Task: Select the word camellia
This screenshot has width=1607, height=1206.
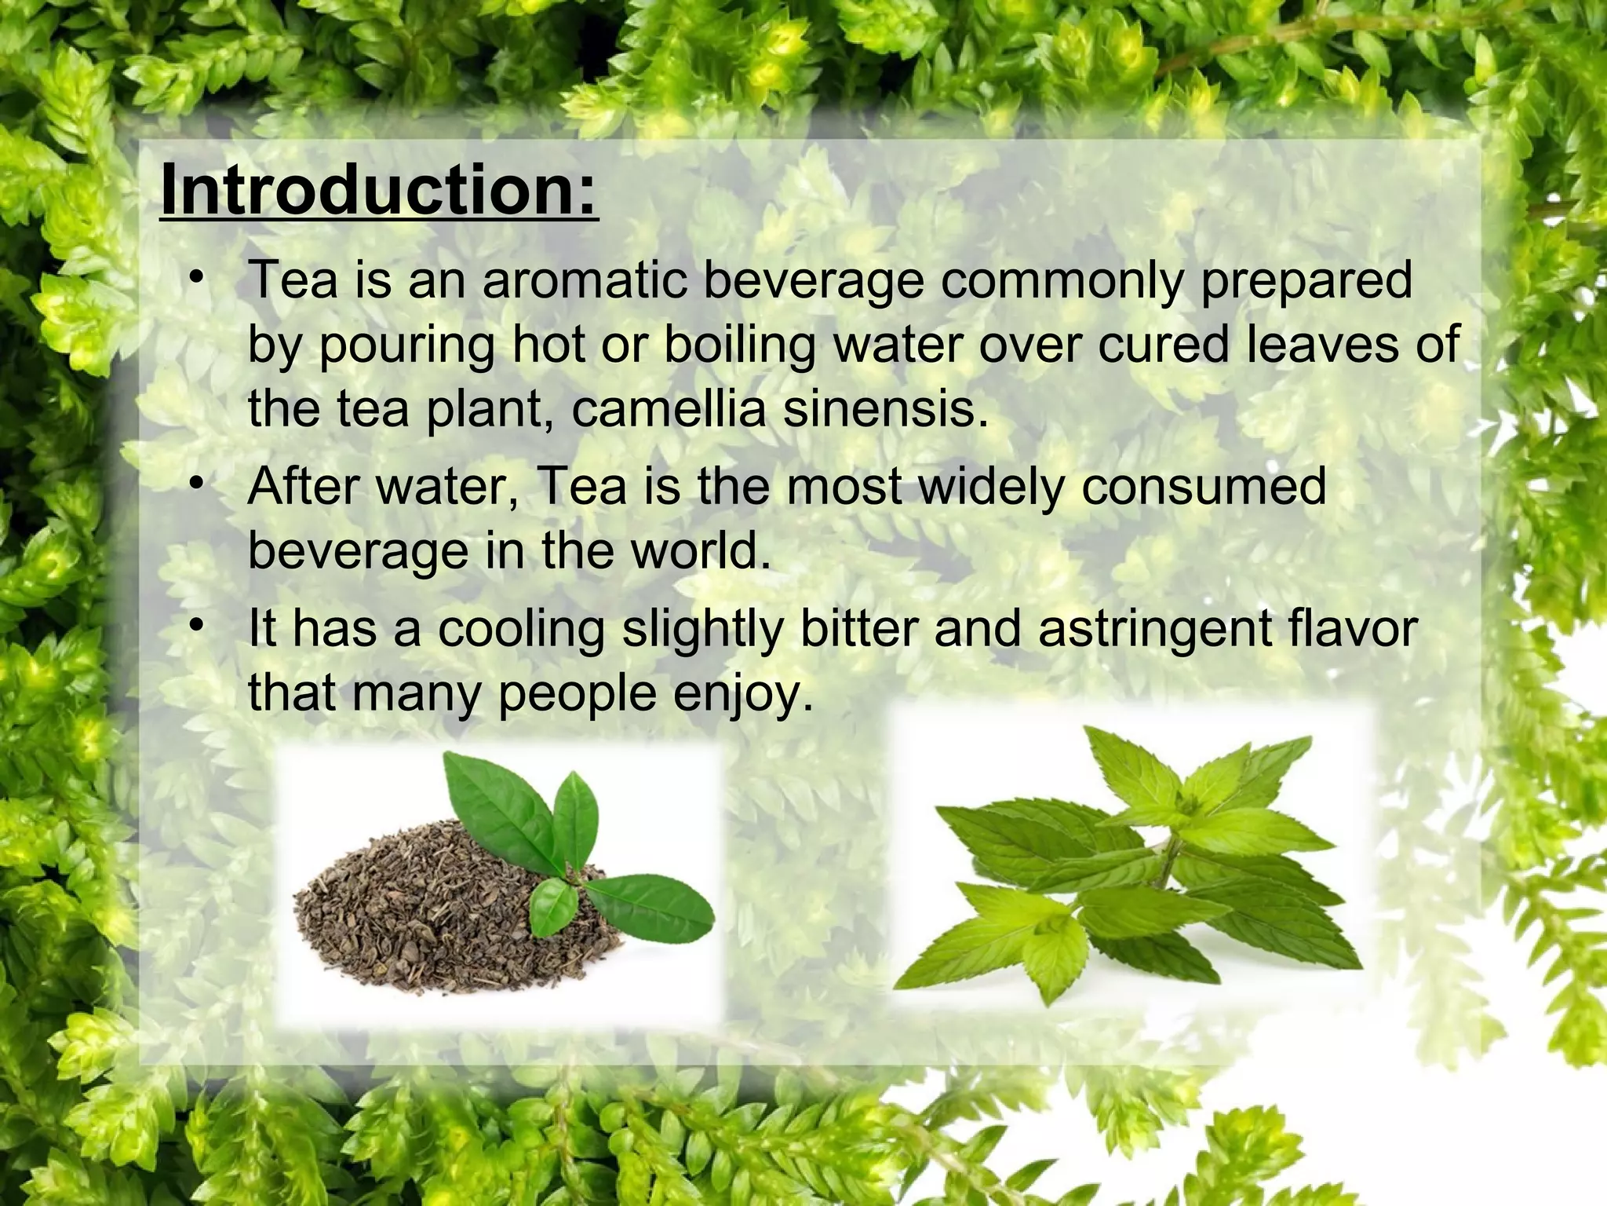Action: [x=668, y=409]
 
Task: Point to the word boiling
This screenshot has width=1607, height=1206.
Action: [x=740, y=345]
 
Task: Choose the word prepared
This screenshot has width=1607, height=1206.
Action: [x=1306, y=283]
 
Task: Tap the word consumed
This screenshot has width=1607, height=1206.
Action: [x=1204, y=487]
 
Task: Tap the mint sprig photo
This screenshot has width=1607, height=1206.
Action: [x=1130, y=864]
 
